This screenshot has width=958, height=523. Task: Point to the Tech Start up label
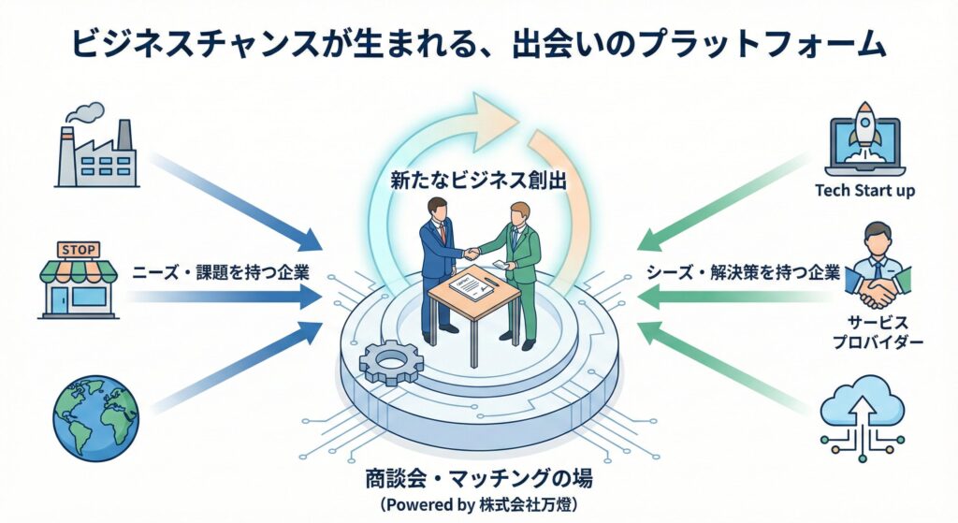[x=864, y=192]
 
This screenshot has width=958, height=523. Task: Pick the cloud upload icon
[x=862, y=413]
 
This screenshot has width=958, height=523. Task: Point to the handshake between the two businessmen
[x=473, y=252]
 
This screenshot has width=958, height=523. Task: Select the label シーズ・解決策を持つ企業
[x=743, y=273]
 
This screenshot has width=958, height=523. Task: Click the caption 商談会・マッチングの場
[x=479, y=481]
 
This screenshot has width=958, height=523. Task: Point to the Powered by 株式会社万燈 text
[x=479, y=506]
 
